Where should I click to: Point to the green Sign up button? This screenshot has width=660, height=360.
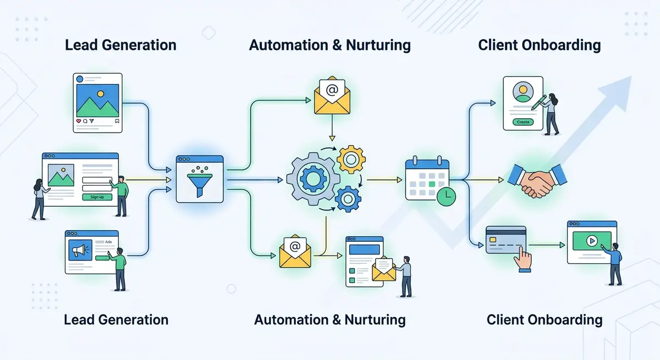[x=97, y=197]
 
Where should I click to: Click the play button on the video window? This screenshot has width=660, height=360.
[x=591, y=240]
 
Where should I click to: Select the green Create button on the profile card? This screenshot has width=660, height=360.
[x=522, y=122]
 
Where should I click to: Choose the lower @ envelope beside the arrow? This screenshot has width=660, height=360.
[x=295, y=251]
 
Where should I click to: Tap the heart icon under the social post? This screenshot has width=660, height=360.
[x=79, y=120]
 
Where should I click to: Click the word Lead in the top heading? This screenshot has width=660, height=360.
[x=79, y=45]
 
